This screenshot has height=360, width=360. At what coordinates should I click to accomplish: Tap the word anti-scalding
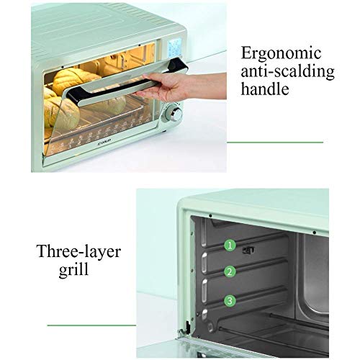(287, 71)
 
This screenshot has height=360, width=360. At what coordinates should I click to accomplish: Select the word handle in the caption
(265, 89)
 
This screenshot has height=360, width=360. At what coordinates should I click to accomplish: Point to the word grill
(73, 270)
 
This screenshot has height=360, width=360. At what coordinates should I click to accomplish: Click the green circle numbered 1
(230, 246)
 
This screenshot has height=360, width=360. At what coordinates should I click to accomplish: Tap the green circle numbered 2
(230, 272)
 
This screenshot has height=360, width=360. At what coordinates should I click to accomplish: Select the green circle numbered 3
(230, 300)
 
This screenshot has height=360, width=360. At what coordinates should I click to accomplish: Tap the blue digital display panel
(174, 48)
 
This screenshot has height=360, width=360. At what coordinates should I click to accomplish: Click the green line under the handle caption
(275, 143)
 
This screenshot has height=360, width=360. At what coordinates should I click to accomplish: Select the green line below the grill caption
(91, 325)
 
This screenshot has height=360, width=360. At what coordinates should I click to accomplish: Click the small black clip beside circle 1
(248, 251)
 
